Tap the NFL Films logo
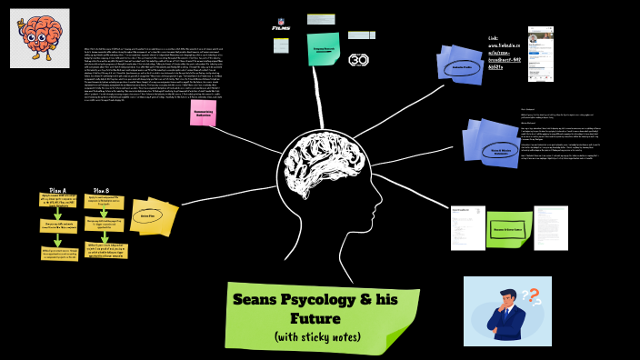(x=282, y=25)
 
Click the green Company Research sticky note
(x=325, y=50)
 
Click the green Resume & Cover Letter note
(x=515, y=229)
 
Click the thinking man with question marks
(x=508, y=311)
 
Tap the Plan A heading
(x=56, y=191)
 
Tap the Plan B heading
(x=102, y=191)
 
